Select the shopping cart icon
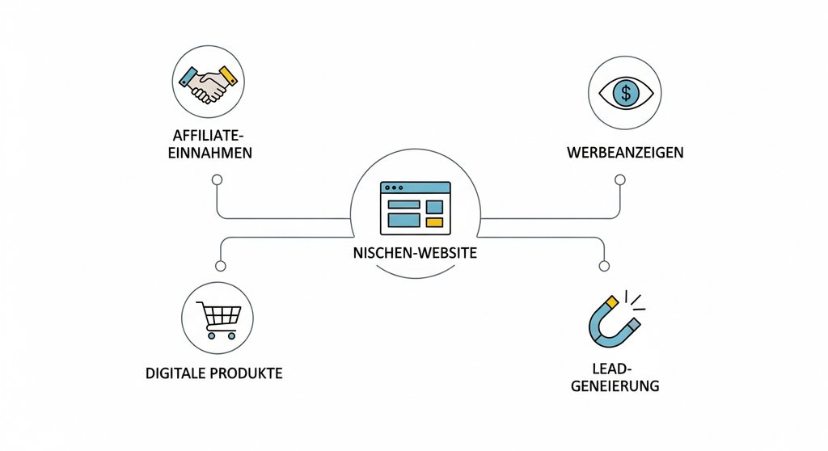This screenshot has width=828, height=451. (218, 319)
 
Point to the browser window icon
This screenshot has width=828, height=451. (416, 206)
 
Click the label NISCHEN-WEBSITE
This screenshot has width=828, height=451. (416, 253)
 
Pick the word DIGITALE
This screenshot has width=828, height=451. (178, 374)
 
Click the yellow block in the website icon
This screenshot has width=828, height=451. (434, 221)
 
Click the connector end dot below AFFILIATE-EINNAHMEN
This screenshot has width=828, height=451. (217, 183)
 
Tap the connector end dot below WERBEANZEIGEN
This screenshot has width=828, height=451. (620, 183)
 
